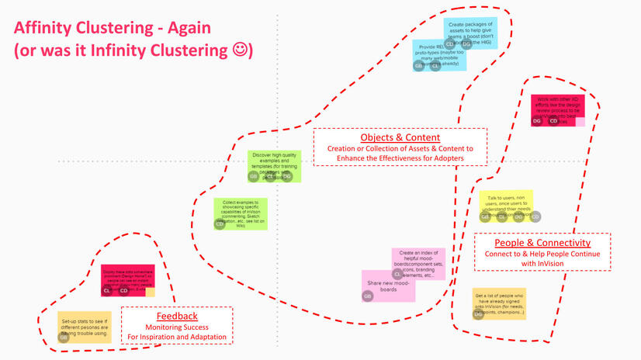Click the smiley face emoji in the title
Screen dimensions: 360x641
coord(241,50)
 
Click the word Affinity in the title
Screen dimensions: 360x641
coord(50,28)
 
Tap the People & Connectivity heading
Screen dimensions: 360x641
coord(542,243)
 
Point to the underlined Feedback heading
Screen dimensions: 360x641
coord(177,316)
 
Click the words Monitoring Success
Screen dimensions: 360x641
coord(177,327)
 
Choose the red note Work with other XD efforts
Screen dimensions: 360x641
coord(557,106)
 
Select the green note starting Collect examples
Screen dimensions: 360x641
coord(241,211)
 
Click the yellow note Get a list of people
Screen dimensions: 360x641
coord(500,302)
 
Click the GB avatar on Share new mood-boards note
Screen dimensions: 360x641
coord(368,296)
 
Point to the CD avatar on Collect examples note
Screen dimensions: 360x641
coord(220,224)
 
